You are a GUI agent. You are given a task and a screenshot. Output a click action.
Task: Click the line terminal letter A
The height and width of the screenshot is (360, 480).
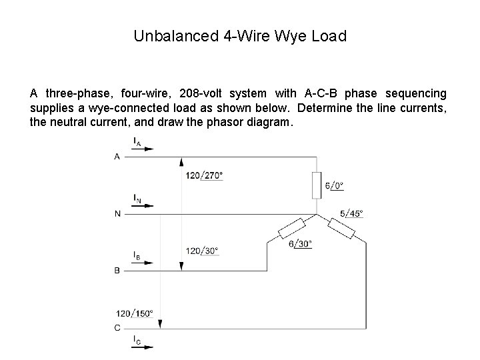coord(118,157)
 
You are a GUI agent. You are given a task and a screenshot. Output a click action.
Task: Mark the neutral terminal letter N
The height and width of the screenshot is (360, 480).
coord(118,214)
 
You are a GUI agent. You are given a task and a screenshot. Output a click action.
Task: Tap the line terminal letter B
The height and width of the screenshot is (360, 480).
coord(118,271)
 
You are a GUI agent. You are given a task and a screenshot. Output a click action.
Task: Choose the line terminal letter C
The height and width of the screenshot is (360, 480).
coord(118,327)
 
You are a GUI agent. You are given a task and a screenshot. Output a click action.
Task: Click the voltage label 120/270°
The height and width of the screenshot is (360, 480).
coord(204,175)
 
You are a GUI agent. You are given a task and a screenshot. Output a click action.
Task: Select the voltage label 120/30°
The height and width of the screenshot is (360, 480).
coord(202,251)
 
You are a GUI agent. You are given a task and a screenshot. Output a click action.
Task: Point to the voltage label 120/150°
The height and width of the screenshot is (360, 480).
coord(135,313)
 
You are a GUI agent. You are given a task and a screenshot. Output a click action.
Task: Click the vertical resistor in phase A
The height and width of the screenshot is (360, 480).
coord(317,185)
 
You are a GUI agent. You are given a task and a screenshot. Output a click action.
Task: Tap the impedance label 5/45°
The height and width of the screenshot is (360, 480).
coord(351,213)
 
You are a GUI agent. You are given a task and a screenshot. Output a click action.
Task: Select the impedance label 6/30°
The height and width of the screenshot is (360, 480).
coord(300,244)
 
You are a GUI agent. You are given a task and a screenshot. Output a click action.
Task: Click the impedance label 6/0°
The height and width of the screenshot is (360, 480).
coord(335,186)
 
